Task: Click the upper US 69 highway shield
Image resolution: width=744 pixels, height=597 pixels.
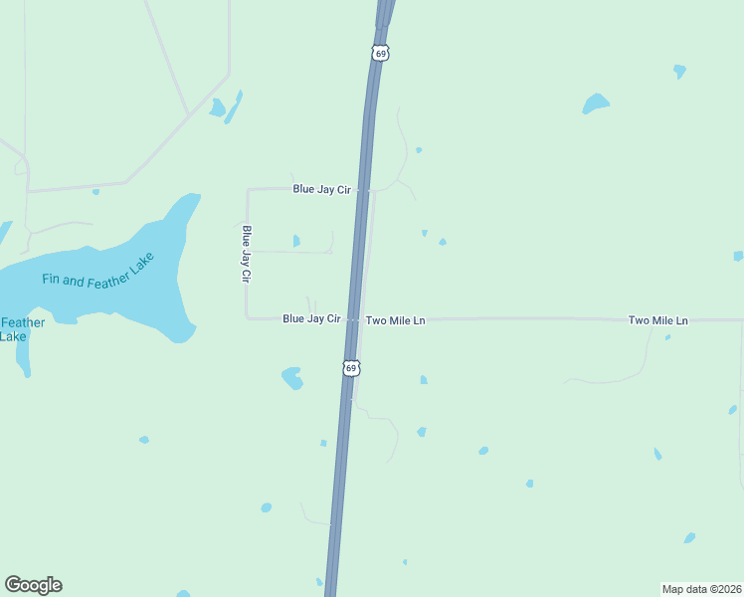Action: pos(381,53)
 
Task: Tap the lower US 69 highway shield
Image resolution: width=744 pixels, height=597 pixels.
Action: pos(350,368)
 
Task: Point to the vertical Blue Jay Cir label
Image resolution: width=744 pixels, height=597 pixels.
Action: pos(246,255)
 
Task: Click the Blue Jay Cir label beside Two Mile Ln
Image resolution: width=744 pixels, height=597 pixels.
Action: pos(311,319)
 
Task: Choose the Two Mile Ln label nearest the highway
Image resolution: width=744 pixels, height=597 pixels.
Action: pos(395,320)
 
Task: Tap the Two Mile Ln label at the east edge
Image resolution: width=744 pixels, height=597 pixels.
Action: pos(657,320)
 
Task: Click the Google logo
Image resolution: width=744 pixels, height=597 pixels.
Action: pos(33,585)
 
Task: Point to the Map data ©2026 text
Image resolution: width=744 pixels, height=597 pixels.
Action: pos(700,588)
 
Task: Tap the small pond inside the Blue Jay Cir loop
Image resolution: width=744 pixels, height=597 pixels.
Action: pos(296,240)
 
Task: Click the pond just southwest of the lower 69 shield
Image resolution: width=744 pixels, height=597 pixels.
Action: pos(292,378)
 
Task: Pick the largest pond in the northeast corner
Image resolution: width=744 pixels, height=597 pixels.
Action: pos(596,103)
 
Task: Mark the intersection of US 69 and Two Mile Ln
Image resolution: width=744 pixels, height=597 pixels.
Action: pos(353,319)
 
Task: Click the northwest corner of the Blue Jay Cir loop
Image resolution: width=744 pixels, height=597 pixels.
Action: pos(247,189)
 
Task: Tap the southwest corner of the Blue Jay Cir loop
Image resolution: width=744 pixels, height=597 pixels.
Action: pos(247,318)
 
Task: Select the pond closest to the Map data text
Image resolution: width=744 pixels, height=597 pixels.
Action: pos(689,538)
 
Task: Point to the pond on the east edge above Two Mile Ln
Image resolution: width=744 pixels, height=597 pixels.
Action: pos(738,256)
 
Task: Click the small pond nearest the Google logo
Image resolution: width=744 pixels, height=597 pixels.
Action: pos(144,439)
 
